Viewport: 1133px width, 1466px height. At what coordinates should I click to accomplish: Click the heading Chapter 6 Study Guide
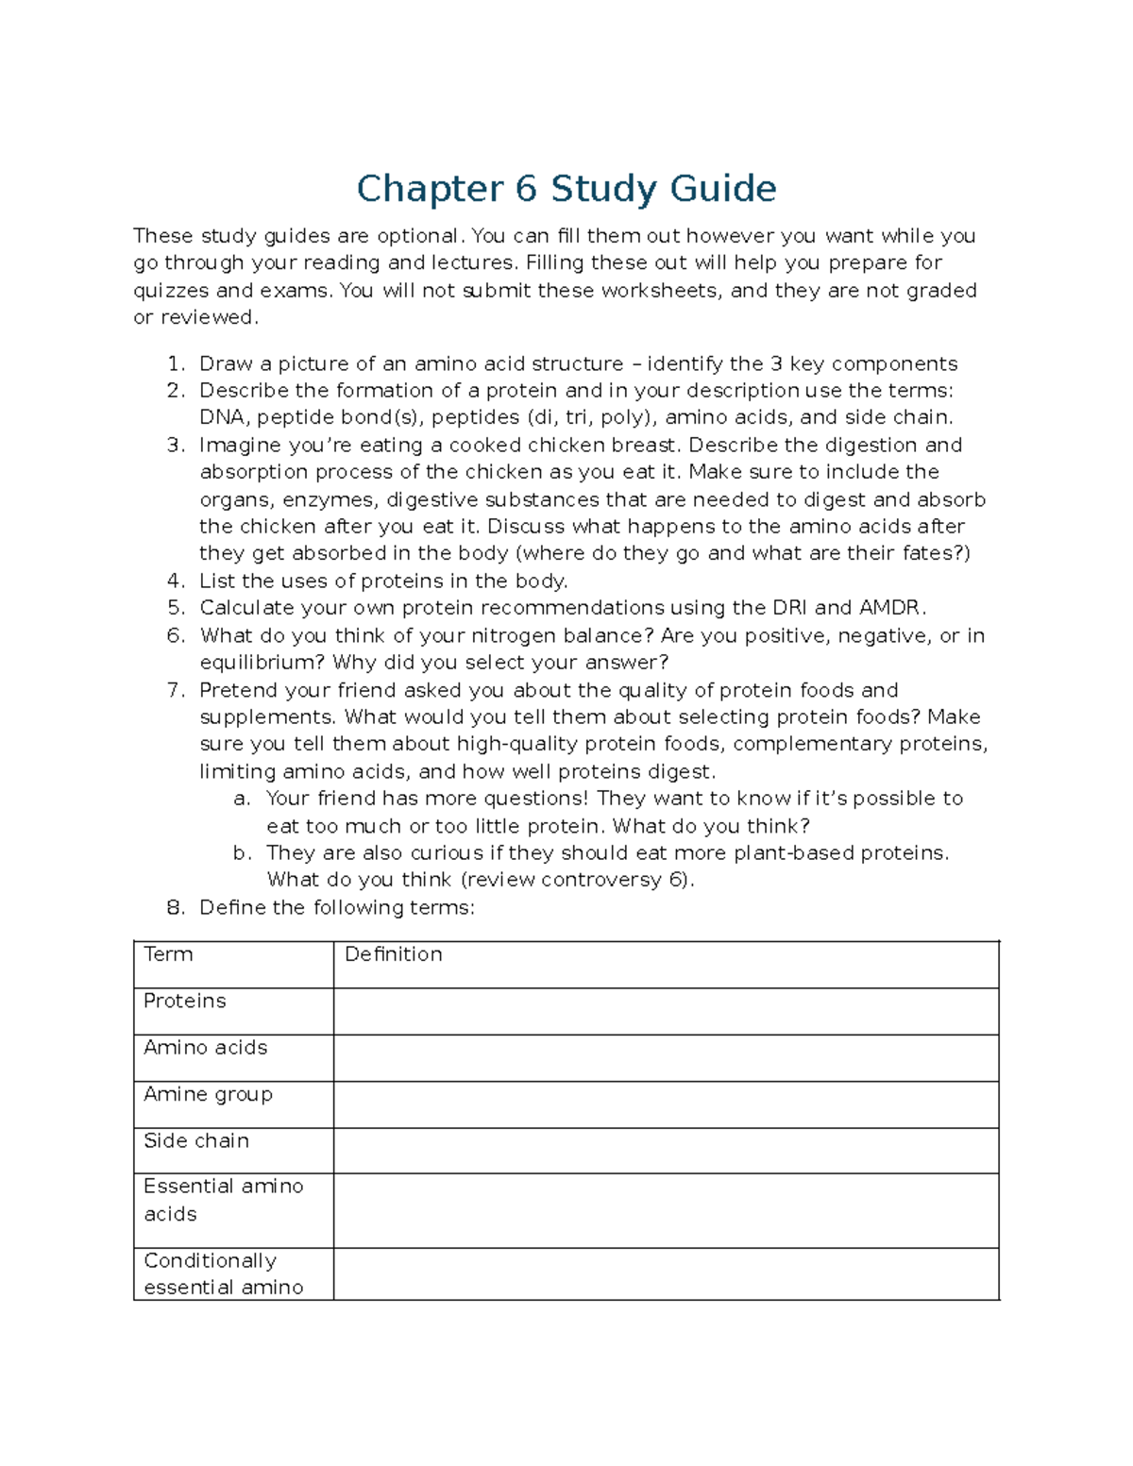[566, 189]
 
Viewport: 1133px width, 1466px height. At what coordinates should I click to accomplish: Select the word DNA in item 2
[221, 418]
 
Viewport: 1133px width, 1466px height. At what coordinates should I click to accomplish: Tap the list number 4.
[174, 581]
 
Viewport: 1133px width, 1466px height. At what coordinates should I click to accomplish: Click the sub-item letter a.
[242, 800]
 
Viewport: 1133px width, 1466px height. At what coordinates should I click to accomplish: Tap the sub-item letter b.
[242, 853]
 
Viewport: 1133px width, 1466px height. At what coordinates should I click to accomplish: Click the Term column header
[168, 954]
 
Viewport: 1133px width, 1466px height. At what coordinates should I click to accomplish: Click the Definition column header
[393, 954]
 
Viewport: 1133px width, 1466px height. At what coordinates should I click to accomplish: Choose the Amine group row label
[208, 1094]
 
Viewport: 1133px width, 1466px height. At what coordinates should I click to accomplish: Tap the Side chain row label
[196, 1141]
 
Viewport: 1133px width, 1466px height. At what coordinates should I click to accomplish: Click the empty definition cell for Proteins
[666, 1011]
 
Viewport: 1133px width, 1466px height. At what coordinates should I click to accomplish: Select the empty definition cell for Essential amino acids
[666, 1210]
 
